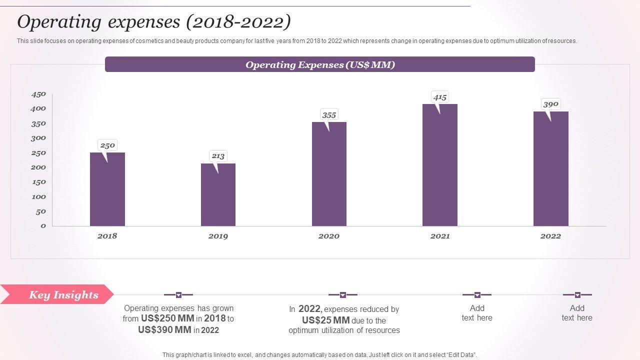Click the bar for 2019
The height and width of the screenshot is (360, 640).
pos(218,194)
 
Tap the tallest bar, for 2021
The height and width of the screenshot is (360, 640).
pos(440,165)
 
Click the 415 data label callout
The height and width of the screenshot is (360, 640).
pos(440,97)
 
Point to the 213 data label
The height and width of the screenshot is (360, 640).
pos(218,156)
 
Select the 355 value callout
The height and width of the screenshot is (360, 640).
pos(329,115)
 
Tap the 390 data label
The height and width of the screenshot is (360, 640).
pos(550,104)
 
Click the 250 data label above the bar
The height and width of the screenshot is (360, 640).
pos(107,145)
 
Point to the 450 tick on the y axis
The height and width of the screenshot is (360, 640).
pos(38,94)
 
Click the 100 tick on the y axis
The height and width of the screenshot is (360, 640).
pos(38,197)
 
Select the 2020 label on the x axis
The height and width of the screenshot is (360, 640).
pos(329,236)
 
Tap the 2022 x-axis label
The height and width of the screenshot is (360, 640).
pos(550,236)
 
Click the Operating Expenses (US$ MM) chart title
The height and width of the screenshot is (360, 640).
pos(320,64)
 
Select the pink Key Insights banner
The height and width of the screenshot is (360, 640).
pos(57,294)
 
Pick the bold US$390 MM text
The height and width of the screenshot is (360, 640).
pos(164,330)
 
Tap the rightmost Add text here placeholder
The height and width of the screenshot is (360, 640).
pos(577,313)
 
